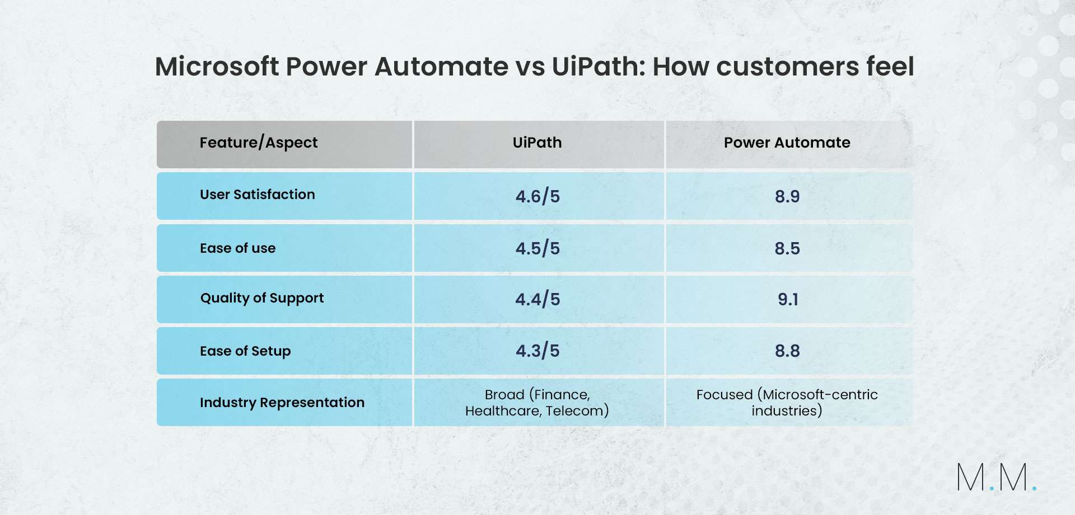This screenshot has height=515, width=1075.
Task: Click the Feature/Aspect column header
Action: point(259,143)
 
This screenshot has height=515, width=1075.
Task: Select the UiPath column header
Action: point(537,143)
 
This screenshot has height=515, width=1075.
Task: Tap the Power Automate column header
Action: point(787,143)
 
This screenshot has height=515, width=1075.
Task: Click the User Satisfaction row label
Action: point(258,195)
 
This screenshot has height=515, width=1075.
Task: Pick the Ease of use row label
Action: point(238,248)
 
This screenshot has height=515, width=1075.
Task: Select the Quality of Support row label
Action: point(262,298)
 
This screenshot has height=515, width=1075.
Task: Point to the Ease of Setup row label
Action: point(245,351)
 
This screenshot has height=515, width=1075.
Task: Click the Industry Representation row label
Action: point(282,403)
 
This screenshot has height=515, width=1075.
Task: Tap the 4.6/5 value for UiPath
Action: point(537,196)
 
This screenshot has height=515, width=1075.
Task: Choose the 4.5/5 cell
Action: point(537,248)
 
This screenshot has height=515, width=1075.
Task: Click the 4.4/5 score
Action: point(537,299)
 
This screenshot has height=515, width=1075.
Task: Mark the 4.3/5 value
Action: point(537,351)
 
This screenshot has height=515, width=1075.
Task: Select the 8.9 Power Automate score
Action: point(787,196)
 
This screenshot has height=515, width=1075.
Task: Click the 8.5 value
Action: point(787,248)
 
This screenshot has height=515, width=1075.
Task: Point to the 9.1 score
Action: point(788,299)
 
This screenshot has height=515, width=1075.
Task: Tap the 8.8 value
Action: point(787,351)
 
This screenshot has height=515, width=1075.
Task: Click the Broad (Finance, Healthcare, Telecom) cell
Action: point(537,403)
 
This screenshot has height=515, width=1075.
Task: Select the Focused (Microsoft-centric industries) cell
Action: point(787,403)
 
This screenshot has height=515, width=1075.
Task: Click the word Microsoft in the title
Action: point(217,67)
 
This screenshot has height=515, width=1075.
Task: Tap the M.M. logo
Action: point(997,477)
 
